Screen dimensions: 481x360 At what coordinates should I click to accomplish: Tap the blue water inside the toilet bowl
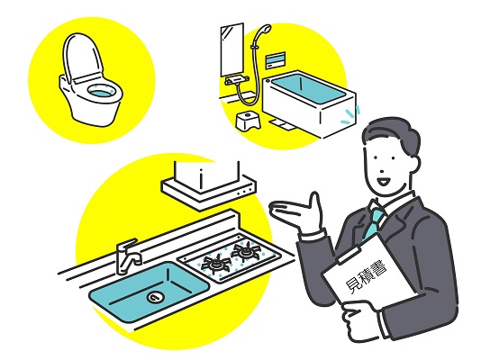[101, 92]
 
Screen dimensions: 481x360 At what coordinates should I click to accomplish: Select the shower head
[265, 30]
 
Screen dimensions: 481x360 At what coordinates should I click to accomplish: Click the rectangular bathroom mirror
[232, 49]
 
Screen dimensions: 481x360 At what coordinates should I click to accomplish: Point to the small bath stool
[249, 121]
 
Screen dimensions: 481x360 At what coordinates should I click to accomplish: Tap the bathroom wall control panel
[275, 60]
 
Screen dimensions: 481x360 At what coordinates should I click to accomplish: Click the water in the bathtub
[308, 89]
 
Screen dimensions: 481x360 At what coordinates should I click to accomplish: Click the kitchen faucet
[128, 256]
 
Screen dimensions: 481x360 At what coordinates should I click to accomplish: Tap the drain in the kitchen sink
[155, 297]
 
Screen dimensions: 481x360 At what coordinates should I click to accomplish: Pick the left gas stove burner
[215, 263]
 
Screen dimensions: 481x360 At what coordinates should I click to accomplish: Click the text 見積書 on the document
[366, 277]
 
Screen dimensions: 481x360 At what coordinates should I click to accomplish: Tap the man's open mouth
[384, 182]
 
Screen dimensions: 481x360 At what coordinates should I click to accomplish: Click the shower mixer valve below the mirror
[236, 81]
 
